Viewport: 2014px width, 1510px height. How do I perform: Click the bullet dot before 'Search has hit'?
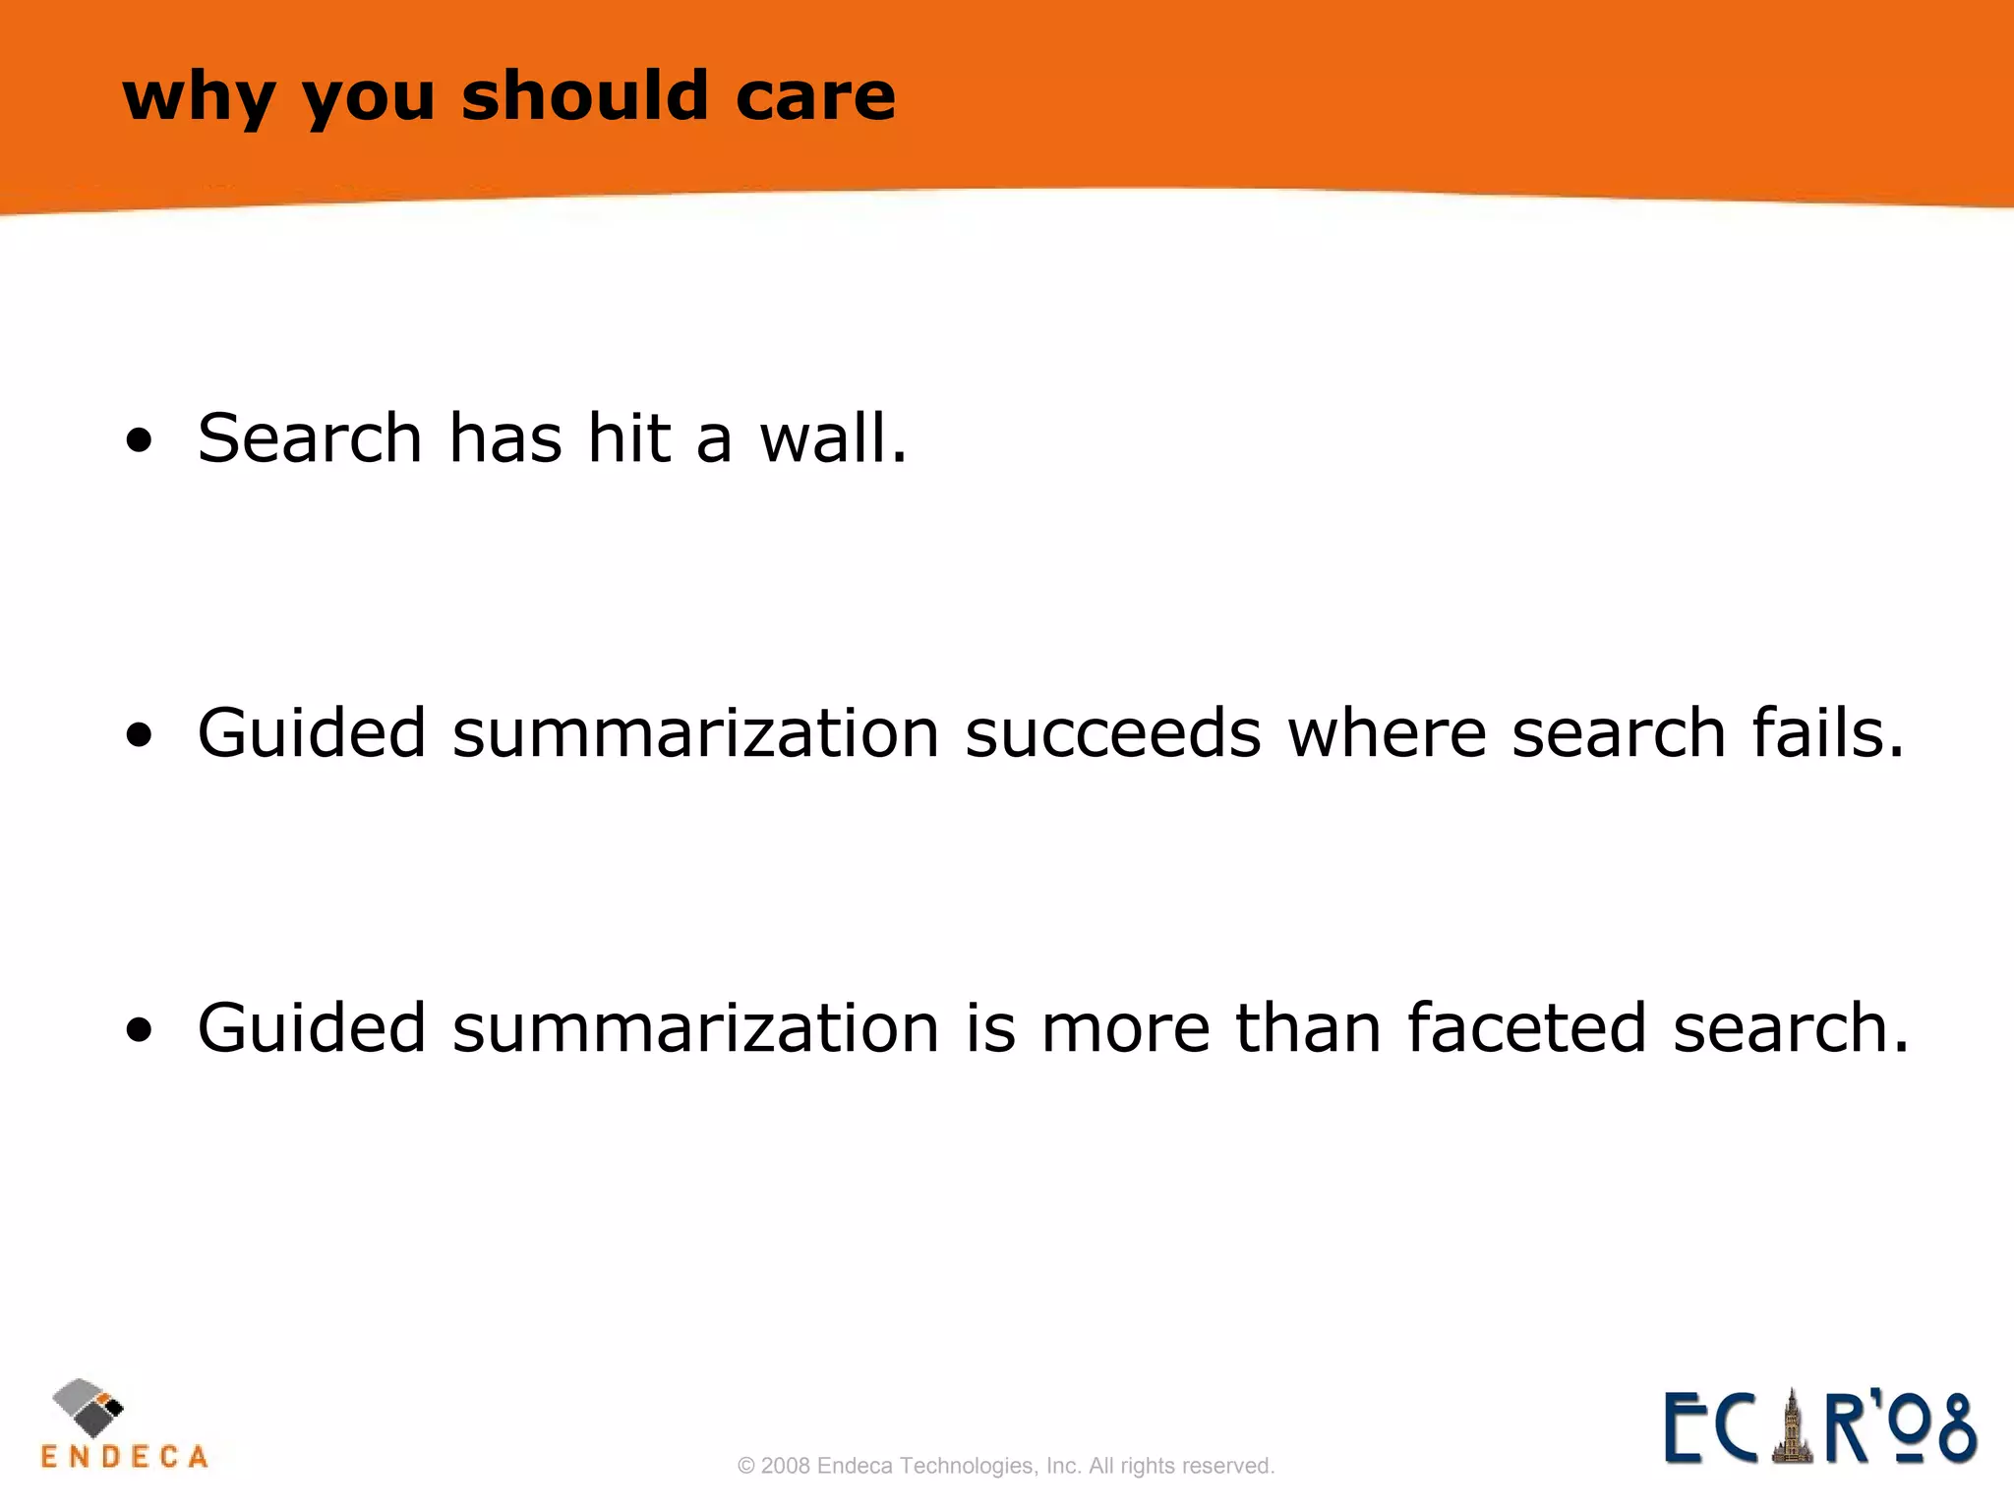140,440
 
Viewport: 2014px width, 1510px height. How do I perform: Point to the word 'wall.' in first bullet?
833,437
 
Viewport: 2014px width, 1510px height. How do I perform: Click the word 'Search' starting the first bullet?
309,437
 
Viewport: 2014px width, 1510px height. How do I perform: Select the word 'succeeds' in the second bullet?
1112,733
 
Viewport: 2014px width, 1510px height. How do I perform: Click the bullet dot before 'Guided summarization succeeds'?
140,735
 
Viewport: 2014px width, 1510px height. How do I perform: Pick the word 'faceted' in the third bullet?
1526,1028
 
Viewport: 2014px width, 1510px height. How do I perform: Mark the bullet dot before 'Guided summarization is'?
140,1030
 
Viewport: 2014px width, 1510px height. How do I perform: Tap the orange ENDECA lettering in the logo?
125,1456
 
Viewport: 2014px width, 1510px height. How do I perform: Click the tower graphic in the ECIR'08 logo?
1792,1428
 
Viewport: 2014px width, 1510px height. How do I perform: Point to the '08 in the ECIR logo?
1932,1428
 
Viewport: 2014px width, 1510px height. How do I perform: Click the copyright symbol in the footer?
745,1466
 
